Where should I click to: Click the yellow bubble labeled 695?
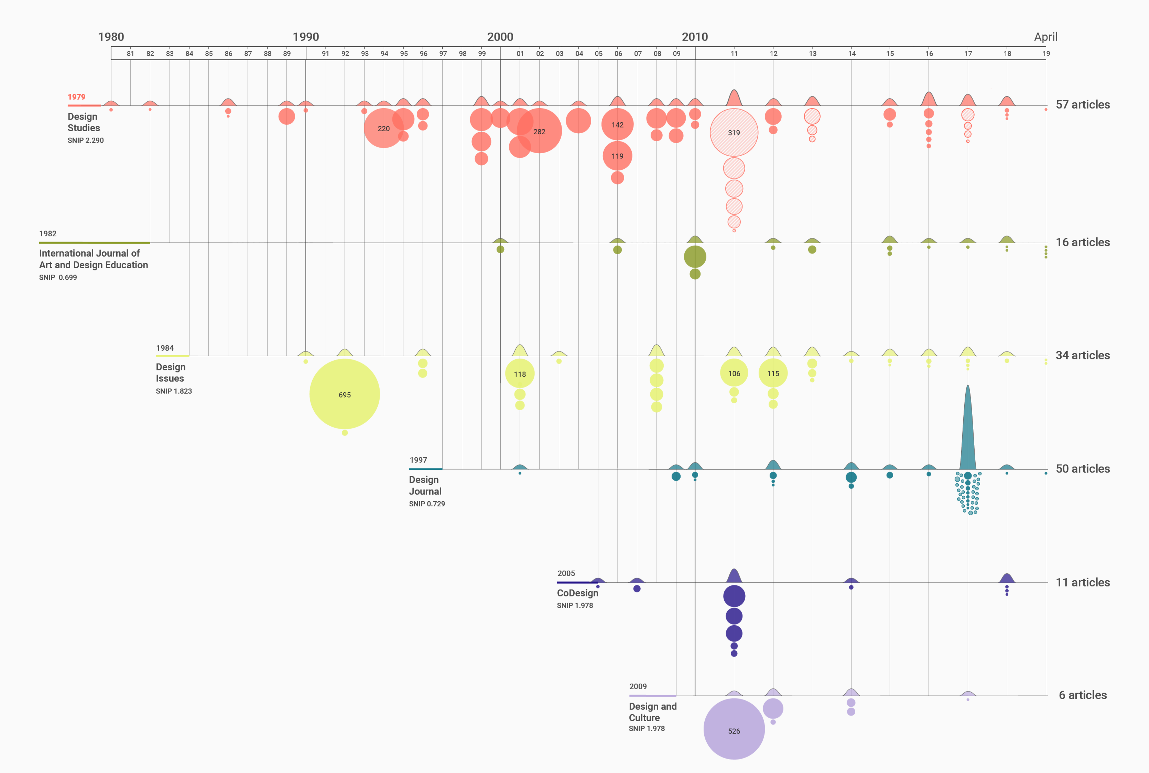(344, 394)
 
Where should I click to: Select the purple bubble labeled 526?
(734, 729)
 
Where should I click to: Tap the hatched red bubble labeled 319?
(734, 132)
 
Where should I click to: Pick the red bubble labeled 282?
(539, 131)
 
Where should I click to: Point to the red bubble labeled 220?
(383, 128)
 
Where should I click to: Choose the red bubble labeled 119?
(617, 156)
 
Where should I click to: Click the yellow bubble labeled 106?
(734, 373)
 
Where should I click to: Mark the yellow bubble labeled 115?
(772, 373)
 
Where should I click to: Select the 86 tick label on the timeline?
(228, 53)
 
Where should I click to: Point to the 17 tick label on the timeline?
(968, 53)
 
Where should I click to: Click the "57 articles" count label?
(1082, 104)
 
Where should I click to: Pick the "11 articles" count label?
(1082, 582)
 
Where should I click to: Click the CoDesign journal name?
(577, 593)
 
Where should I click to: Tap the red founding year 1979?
(76, 97)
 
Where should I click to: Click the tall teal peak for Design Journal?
(967, 429)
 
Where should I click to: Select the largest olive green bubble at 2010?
(695, 256)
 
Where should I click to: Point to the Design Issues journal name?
(170, 373)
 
